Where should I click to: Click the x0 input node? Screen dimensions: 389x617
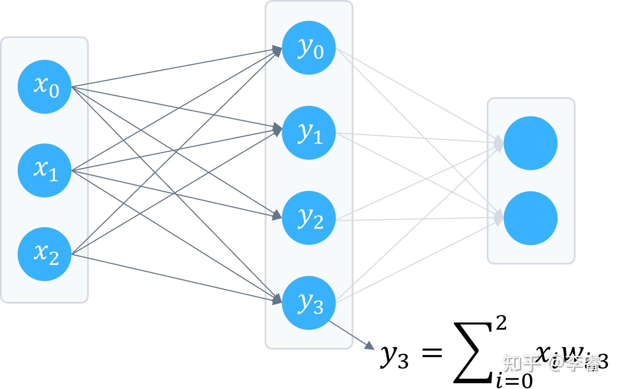[44, 86]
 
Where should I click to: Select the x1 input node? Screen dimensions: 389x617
[44, 170]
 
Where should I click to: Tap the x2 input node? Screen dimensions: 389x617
[44, 254]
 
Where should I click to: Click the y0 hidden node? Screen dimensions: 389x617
[309, 48]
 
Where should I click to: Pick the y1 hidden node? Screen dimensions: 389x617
[309, 133]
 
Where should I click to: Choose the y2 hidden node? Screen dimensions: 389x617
[309, 218]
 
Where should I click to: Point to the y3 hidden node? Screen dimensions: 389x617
[309, 303]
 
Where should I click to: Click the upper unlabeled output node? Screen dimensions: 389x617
[530, 143]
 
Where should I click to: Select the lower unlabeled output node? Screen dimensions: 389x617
[530, 218]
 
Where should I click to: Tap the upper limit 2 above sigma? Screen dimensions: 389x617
[501, 323]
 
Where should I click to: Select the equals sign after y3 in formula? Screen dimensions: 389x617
[432, 353]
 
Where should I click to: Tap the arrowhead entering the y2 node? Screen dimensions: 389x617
[277, 216]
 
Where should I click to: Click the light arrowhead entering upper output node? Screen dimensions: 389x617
[499, 143]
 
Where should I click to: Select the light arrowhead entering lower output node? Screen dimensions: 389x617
[499, 218]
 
